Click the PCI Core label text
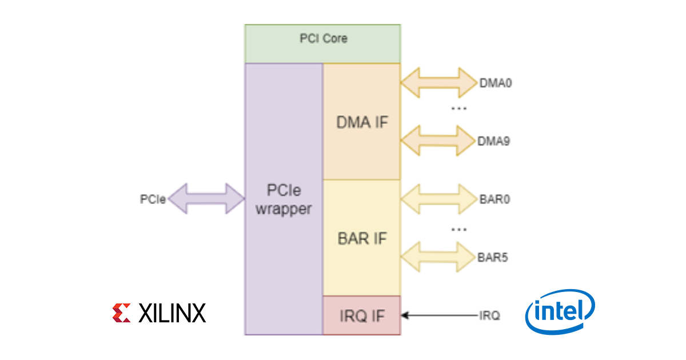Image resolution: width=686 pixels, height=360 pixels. tap(324, 39)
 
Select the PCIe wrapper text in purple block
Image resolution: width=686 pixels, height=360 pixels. tap(284, 199)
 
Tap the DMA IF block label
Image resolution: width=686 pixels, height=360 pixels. tap(362, 122)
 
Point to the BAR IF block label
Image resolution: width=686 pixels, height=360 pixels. tap(362, 238)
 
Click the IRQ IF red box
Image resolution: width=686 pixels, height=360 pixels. tap(362, 315)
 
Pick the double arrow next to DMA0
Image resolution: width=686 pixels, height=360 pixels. tap(439, 83)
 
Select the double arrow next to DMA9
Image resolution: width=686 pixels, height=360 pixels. tap(438, 141)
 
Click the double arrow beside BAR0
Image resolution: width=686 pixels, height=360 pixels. tap(439, 199)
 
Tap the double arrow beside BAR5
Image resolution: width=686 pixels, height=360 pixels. tap(438, 257)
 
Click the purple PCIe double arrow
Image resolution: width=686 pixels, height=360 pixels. tap(206, 199)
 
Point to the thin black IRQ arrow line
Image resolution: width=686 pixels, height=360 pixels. tap(440, 315)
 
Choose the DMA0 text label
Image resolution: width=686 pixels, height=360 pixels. tap(496, 83)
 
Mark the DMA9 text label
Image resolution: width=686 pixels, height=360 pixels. tap(494, 141)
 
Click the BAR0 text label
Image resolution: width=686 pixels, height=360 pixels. tap(494, 199)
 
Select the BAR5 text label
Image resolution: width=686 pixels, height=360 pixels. tap(493, 258)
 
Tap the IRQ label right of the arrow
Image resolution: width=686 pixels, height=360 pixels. tap(489, 315)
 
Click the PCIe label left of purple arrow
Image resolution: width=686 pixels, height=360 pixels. tap(153, 199)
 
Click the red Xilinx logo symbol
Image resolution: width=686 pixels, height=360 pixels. tap(122, 313)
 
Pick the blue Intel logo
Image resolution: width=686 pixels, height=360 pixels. tap(560, 311)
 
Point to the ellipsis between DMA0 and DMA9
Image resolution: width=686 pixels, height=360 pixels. tap(458, 109)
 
